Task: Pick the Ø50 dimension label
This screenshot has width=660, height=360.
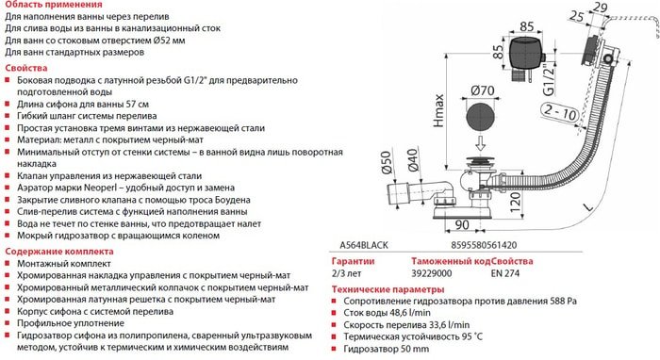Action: [x=385, y=172]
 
